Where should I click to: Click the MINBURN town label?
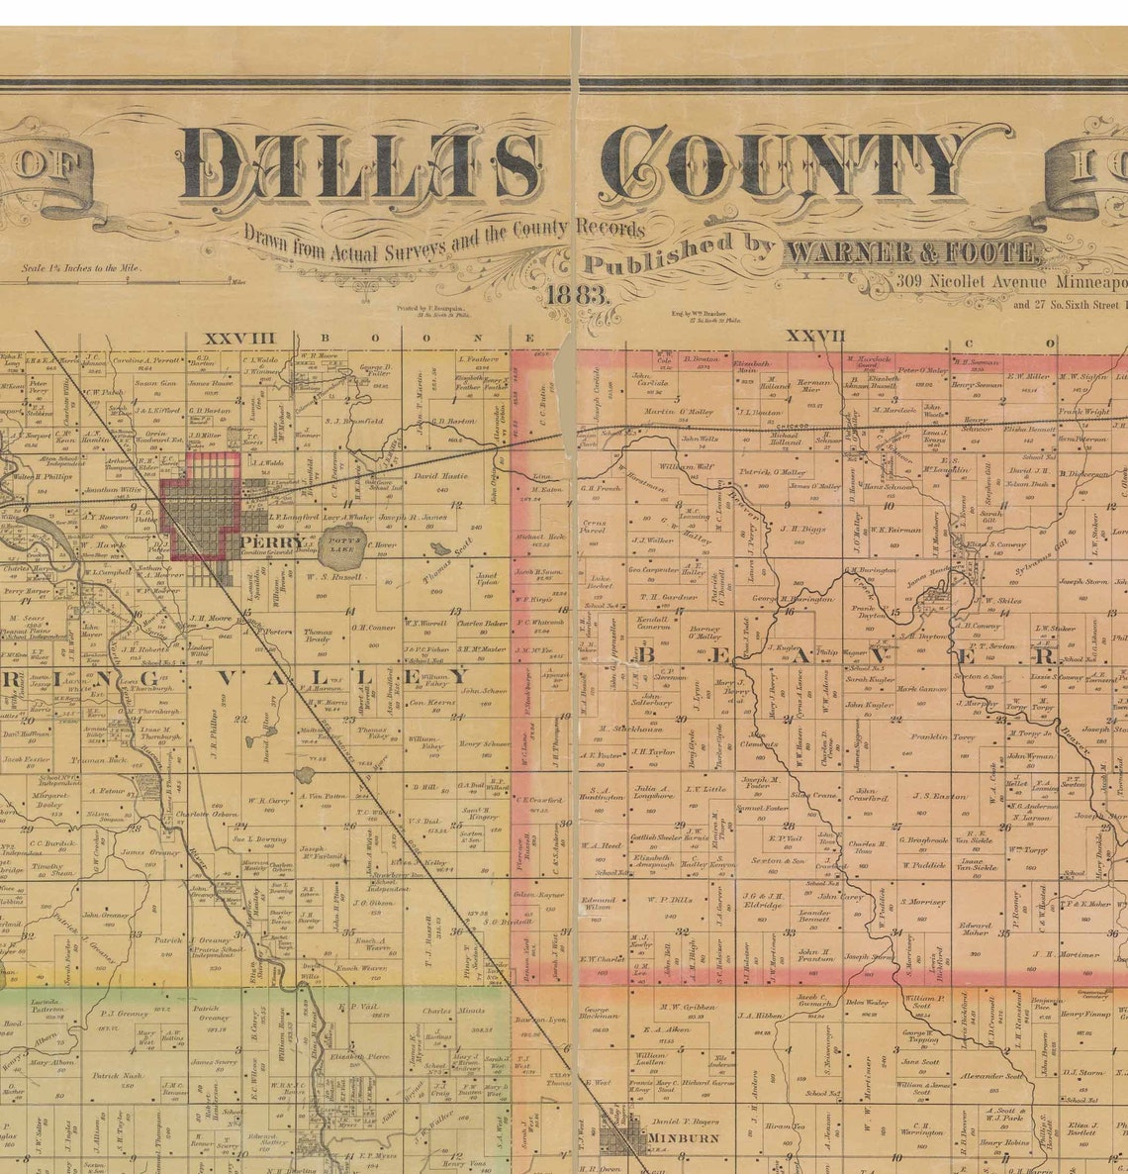(684, 1138)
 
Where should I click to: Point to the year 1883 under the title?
(578, 294)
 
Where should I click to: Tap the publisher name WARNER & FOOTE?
(912, 253)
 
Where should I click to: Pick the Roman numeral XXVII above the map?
(816, 337)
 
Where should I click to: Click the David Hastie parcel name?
(440, 476)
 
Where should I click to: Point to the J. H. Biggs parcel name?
(802, 529)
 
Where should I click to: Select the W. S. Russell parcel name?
(334, 575)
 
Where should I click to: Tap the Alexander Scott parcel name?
(991, 1076)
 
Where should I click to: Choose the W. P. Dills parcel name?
(670, 900)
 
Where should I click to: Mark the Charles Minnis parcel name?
(452, 1012)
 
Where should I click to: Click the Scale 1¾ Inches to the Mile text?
(82, 267)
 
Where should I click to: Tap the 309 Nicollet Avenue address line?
(1009, 282)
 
